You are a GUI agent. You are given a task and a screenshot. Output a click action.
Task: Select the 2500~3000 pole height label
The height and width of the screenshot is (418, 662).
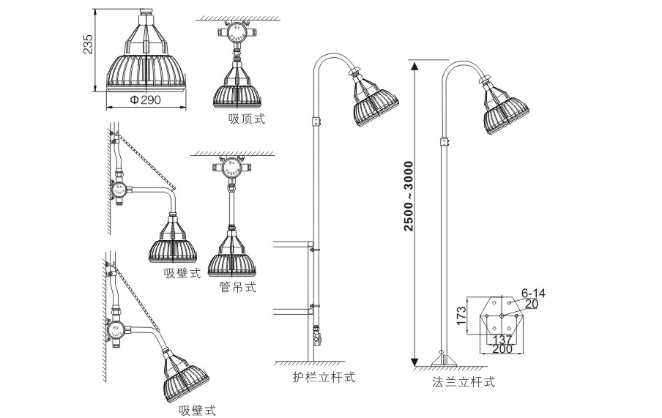click(409, 195)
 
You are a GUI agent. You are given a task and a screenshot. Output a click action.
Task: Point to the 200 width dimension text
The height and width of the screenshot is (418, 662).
click(502, 350)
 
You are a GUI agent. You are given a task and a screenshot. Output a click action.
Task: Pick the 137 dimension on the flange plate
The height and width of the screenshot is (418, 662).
click(502, 340)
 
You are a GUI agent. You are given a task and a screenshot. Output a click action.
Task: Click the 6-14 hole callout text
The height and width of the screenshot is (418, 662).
click(534, 293)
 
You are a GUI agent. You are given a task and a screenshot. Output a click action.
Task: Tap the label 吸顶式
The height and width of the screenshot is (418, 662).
click(246, 118)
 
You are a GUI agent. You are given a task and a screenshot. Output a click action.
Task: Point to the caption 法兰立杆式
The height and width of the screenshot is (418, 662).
click(464, 381)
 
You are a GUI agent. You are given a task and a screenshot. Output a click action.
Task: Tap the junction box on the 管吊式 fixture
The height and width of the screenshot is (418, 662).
click(231, 171)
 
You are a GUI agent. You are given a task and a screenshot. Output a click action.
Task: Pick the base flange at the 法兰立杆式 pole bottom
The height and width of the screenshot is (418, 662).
click(442, 359)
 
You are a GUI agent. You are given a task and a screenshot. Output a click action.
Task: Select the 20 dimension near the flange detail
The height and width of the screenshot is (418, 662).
click(532, 304)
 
